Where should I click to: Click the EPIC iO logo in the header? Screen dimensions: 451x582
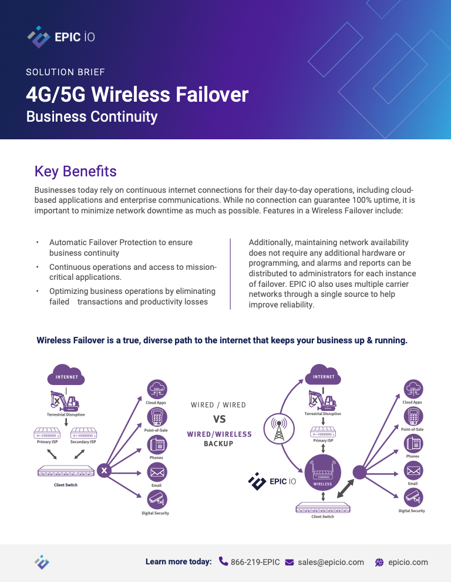tap(61, 37)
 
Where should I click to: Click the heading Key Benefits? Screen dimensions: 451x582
tap(76, 172)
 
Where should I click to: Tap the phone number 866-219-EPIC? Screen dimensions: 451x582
tap(255, 562)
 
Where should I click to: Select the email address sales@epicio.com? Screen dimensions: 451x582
tap(331, 562)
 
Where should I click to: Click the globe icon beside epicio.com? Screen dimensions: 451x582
tap(379, 563)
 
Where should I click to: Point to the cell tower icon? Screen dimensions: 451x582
tap(279, 429)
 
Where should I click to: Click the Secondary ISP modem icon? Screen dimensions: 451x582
tap(83, 433)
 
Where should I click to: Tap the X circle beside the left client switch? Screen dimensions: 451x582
tap(104, 471)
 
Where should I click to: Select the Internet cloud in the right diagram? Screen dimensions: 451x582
tap(323, 374)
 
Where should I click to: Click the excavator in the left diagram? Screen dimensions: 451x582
tap(65, 401)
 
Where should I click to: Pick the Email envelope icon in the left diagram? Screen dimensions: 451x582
tap(157, 472)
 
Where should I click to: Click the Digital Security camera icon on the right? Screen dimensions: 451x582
tap(413, 497)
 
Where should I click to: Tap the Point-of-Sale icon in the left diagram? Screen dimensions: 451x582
tap(157, 417)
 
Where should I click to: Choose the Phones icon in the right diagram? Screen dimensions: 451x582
tap(413, 443)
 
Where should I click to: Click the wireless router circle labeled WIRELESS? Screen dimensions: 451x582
tap(322, 473)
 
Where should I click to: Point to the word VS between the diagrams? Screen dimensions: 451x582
tap(219, 419)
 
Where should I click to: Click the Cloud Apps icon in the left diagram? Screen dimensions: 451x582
tap(157, 390)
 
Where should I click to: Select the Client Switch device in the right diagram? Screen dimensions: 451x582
tap(323, 507)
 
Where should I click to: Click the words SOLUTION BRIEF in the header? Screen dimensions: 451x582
tap(66, 72)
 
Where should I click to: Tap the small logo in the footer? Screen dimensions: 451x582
tap(42, 563)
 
